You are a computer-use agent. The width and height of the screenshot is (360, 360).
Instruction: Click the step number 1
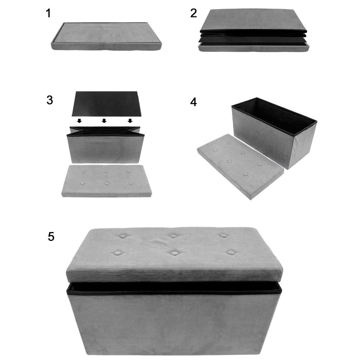pos(49,13)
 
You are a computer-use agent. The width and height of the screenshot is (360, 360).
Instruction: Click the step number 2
pos(194,13)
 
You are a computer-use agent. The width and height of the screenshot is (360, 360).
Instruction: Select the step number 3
pos(50,100)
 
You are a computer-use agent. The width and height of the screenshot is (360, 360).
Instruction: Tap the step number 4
pos(194,102)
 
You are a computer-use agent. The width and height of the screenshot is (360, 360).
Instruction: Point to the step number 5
pos(51,237)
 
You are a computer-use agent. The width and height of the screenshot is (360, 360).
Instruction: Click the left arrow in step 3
pos(79,121)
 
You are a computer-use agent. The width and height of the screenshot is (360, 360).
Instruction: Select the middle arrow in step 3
pos(104,121)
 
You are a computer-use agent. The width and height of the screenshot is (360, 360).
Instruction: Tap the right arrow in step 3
pos(130,121)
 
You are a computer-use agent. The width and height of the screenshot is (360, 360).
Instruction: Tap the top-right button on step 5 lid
pos(223,236)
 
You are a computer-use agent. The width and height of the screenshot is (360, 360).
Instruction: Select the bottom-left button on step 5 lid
pos(117,253)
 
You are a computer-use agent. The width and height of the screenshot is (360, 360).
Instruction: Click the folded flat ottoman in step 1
pos(107,36)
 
